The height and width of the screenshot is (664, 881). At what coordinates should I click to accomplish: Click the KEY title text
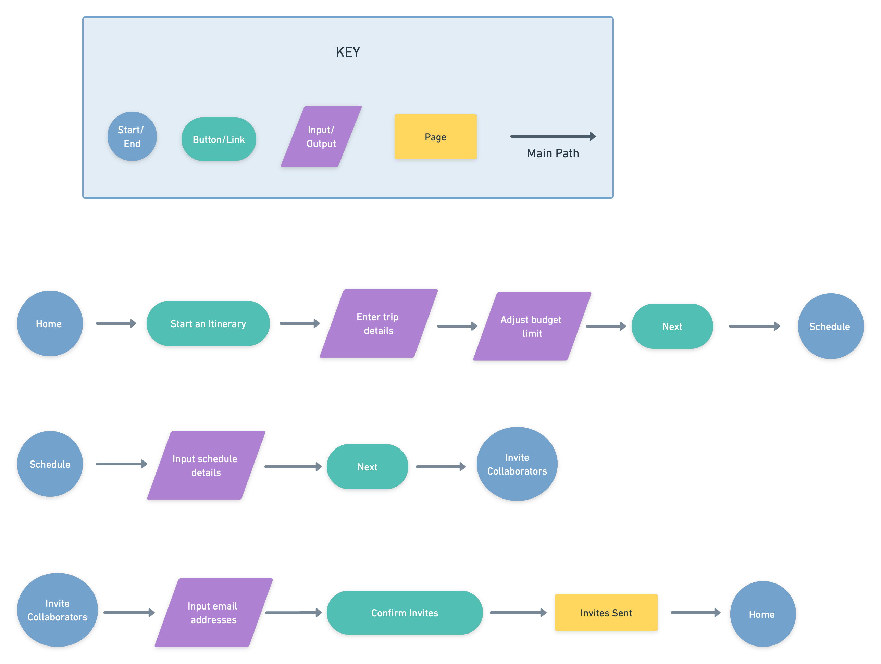(348, 52)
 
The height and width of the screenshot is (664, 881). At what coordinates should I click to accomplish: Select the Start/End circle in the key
(132, 136)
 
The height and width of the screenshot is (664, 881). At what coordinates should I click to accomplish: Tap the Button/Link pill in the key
(219, 139)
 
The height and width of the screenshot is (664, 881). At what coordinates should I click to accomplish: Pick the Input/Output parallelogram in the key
(321, 136)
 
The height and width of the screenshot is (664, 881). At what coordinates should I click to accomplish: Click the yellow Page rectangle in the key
(435, 137)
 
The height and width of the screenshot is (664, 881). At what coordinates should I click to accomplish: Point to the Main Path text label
(553, 153)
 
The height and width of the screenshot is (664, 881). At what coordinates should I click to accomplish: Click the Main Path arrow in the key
(553, 136)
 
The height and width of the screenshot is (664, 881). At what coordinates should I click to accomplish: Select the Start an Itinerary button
(208, 323)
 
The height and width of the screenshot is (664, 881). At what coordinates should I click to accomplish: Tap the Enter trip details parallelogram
(379, 323)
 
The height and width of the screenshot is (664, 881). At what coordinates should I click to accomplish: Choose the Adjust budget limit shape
(532, 326)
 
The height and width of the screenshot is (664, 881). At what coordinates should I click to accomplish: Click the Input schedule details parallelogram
(206, 465)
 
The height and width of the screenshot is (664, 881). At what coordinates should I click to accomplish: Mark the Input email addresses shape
(213, 613)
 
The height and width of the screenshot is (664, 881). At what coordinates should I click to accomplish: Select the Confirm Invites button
(405, 613)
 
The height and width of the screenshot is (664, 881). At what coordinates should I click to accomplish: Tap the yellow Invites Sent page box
(606, 613)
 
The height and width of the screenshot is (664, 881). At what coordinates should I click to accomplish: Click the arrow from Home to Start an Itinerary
(116, 323)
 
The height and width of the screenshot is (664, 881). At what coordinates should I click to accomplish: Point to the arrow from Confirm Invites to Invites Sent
(518, 613)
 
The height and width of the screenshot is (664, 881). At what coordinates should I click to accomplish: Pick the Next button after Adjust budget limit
(672, 326)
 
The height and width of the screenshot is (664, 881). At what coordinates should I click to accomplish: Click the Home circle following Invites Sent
(763, 614)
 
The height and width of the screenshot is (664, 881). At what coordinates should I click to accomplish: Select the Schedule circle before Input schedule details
(50, 464)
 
